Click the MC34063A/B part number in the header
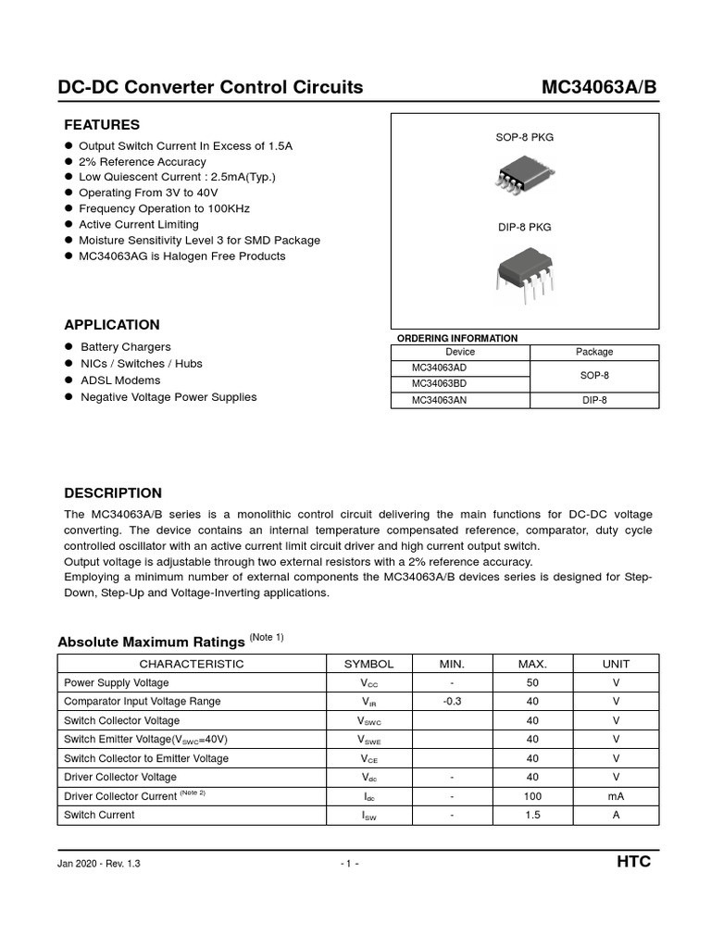(600, 88)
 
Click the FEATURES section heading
(102, 125)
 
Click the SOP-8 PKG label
(524, 137)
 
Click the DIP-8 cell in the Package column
(594, 400)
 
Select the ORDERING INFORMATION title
(457, 338)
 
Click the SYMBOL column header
(368, 664)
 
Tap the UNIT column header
(616, 664)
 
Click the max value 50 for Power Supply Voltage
(532, 682)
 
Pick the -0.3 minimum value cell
(452, 702)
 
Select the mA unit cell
(616, 796)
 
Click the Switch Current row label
(99, 815)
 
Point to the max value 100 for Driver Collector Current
(532, 796)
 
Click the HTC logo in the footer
(634, 862)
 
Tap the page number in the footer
(350, 864)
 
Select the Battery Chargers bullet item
(126, 347)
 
